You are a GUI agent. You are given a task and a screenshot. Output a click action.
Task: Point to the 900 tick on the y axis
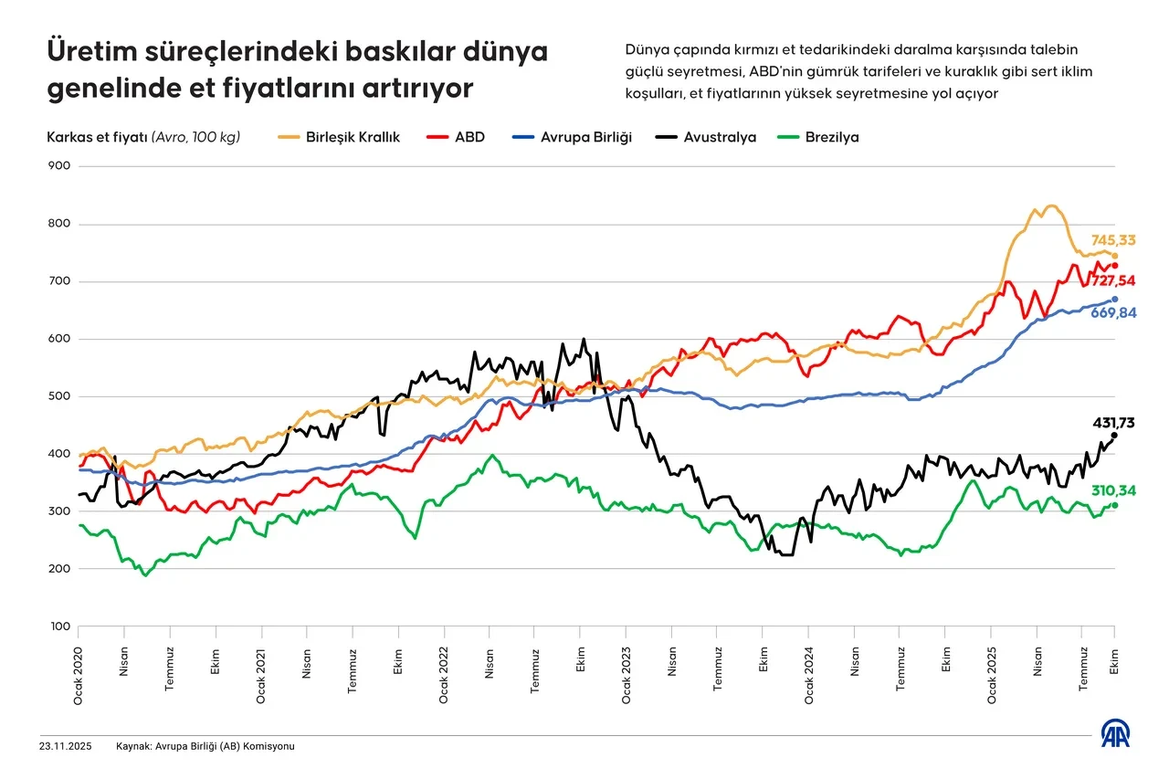[x=59, y=166]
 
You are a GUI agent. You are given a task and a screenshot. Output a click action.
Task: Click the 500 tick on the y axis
[x=59, y=396]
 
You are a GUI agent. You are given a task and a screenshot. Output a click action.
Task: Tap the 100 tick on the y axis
[x=59, y=626]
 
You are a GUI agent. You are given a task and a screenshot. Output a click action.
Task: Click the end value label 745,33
[x=1113, y=240]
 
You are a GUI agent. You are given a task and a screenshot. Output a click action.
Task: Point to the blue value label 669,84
[x=1113, y=313]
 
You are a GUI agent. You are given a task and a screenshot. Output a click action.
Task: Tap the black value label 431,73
[x=1114, y=423]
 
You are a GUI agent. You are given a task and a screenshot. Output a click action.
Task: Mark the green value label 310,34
[x=1113, y=491]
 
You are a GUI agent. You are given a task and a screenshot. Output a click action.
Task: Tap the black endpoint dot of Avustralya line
[x=1114, y=436]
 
